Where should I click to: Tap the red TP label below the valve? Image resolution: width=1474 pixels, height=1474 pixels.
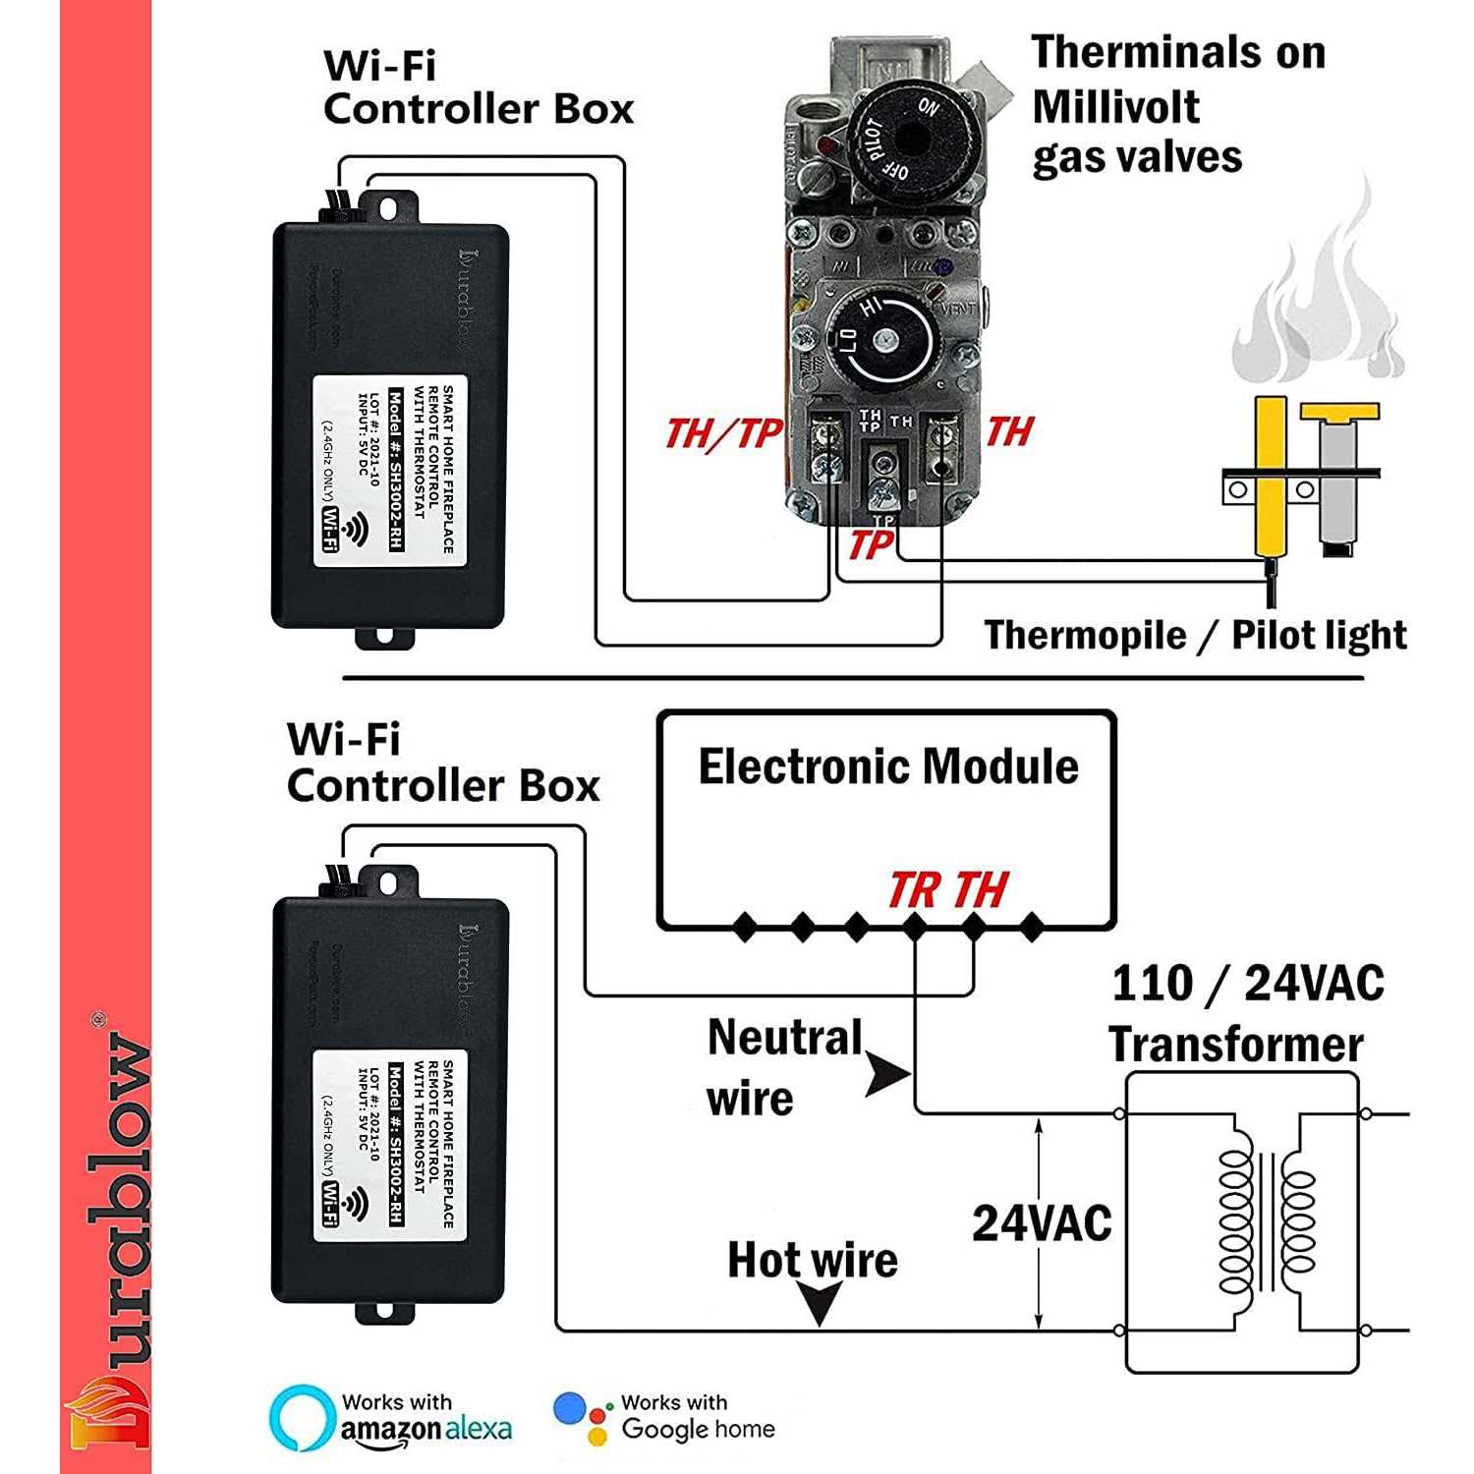[x=871, y=544]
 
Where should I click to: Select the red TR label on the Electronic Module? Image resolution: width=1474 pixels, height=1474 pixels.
[x=913, y=890]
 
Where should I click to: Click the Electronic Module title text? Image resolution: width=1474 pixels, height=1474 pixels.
[x=888, y=766]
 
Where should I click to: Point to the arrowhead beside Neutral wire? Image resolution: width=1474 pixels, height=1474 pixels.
[x=889, y=1074]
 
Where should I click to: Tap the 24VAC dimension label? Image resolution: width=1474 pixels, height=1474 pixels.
[x=1042, y=1223]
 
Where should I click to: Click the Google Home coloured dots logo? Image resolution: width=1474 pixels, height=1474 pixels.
[x=582, y=1418]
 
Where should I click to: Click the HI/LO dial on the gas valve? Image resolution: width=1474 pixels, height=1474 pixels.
[x=879, y=340]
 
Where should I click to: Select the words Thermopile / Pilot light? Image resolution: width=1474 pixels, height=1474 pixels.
[x=1195, y=635]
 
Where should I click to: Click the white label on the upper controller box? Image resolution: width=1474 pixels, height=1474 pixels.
[x=390, y=471]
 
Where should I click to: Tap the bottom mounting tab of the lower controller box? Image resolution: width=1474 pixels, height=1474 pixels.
[x=384, y=1312]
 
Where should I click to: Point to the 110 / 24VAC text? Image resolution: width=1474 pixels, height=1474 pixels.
[x=1247, y=983]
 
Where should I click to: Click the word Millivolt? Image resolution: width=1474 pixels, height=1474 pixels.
[x=1115, y=106]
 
